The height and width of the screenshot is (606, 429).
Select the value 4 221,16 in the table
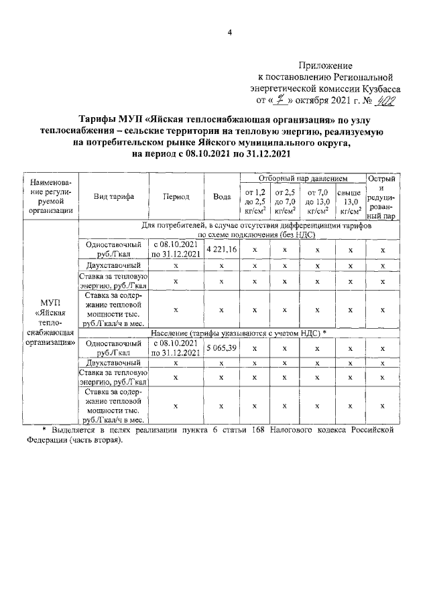point(222,249)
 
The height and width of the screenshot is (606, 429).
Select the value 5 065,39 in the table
point(222,348)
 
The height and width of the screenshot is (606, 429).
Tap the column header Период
point(176,197)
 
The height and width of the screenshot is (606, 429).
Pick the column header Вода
point(222,197)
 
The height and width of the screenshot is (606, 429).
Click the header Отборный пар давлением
point(302,179)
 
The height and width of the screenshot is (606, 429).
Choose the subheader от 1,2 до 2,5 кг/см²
point(255,202)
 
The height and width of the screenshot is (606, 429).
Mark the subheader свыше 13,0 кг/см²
point(349,202)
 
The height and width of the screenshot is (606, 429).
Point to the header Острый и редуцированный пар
point(383,197)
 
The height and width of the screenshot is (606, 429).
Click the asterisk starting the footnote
point(44,430)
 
